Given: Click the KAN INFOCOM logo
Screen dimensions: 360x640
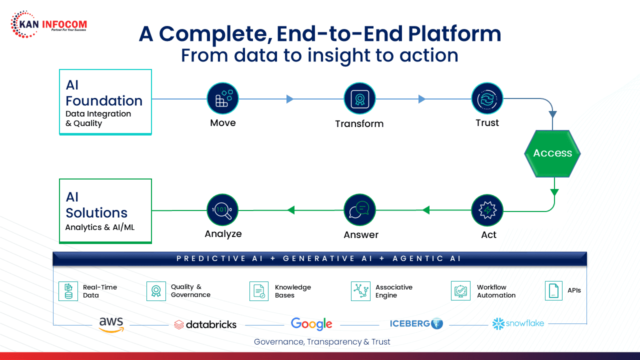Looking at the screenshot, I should (x=48, y=25).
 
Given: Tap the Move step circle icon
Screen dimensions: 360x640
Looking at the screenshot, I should (x=222, y=98).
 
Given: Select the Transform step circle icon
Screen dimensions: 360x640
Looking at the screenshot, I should (x=359, y=98).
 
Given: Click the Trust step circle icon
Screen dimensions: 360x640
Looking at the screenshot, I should (x=487, y=98).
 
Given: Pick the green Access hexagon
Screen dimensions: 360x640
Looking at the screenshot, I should (x=552, y=153).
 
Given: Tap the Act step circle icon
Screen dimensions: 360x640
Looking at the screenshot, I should (x=487, y=210).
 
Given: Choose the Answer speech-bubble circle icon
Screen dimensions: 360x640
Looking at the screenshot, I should (x=359, y=210).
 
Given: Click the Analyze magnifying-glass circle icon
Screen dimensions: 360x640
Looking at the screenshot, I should (x=222, y=210).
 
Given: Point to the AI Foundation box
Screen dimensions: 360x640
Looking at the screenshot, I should (x=105, y=102).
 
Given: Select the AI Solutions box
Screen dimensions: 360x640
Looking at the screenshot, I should (x=105, y=211).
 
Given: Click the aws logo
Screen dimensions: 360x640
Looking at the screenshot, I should (x=111, y=324).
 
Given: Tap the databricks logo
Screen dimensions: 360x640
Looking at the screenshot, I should (x=205, y=324).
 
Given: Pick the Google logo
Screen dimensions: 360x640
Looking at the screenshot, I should (x=311, y=324).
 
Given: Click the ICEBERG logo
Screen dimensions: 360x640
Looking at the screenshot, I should (x=416, y=323).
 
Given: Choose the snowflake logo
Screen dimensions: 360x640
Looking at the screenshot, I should (x=518, y=323).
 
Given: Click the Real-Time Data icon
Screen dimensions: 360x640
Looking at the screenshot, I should (x=68, y=291).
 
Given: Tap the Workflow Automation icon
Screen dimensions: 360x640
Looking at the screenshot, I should (x=460, y=290).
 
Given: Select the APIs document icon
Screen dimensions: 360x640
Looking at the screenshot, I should (x=553, y=290).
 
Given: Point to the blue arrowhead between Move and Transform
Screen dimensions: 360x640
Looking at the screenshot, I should (x=289, y=99).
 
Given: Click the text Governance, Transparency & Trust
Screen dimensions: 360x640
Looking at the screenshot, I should (x=322, y=342).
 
